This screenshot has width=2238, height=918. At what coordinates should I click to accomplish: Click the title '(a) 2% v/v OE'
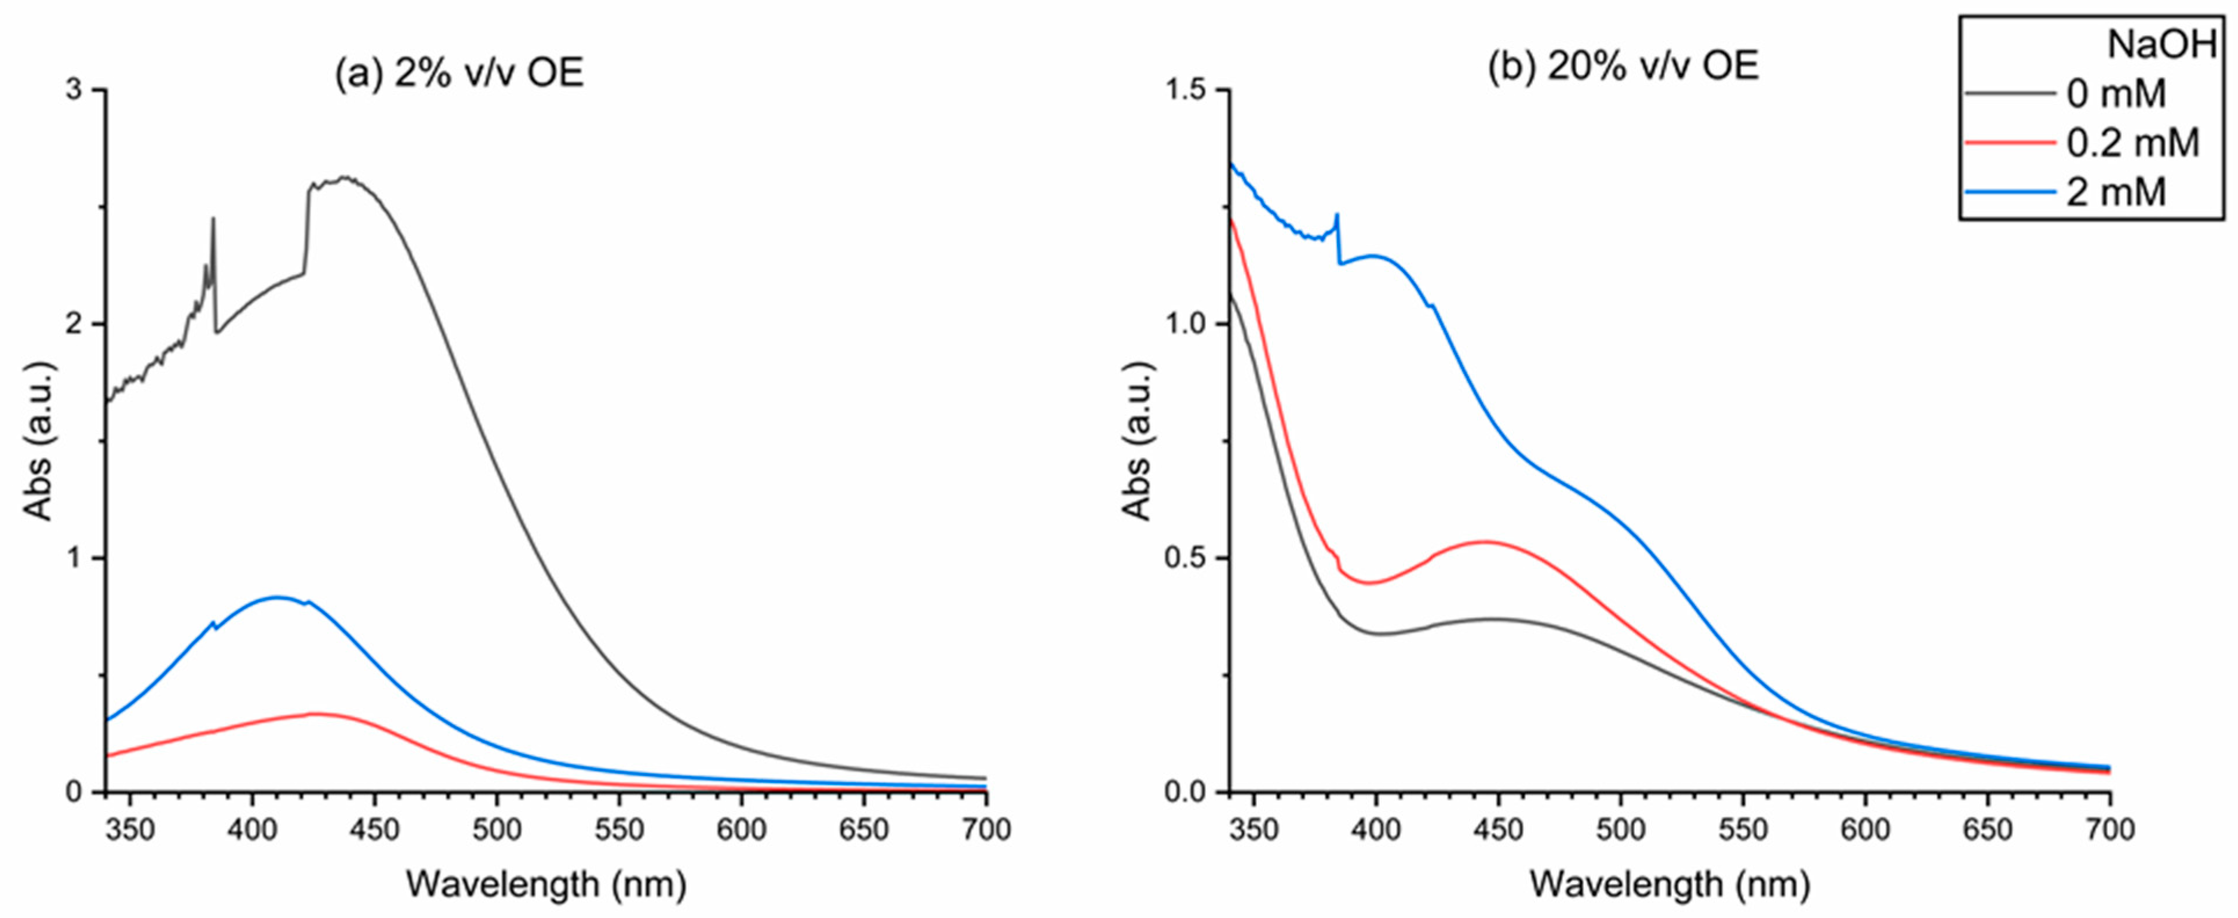(x=459, y=74)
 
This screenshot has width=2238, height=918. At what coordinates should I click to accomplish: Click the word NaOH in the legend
(x=2161, y=44)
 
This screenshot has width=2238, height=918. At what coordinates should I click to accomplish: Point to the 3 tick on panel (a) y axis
(x=82, y=90)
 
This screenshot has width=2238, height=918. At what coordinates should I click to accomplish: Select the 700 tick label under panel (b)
(x=2109, y=829)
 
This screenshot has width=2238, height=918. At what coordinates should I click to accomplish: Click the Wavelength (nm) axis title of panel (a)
(x=546, y=885)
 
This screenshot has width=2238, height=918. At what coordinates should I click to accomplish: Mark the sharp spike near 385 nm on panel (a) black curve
(x=213, y=220)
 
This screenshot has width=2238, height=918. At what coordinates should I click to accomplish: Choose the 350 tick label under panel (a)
(x=130, y=829)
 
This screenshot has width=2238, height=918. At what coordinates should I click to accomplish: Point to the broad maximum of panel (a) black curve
(x=346, y=178)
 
